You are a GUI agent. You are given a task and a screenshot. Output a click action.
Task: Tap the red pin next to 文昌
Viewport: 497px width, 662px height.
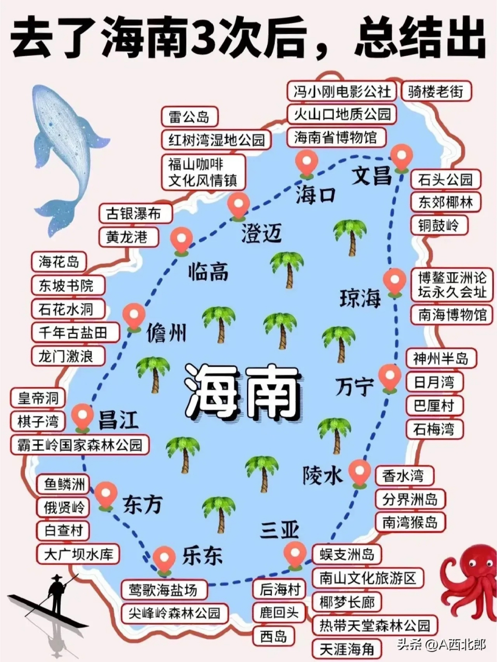[402, 157]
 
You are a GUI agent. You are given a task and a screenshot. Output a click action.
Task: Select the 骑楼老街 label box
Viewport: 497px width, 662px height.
[439, 92]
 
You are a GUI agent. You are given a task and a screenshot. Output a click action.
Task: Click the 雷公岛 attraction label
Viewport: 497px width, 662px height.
[189, 117]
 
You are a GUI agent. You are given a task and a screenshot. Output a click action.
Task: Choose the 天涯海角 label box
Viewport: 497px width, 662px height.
[347, 649]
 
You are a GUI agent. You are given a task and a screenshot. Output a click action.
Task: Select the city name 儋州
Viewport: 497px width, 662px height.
[166, 333]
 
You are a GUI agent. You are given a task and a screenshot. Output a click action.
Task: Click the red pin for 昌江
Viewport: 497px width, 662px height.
[82, 417]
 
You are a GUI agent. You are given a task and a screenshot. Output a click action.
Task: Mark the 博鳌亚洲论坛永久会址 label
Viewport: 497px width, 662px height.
[452, 284]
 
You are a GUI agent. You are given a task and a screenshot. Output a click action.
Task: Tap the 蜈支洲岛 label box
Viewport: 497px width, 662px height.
[347, 554]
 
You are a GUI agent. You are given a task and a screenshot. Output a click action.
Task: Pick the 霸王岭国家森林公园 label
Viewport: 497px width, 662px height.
[80, 444]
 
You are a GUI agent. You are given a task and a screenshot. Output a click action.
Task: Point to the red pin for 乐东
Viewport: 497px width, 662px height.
[165, 560]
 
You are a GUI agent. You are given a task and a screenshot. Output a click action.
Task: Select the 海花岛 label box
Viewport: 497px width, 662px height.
[59, 262]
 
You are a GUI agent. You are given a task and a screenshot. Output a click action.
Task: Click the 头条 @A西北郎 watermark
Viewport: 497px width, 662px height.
[441, 645]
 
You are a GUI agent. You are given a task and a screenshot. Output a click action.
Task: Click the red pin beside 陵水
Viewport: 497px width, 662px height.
[359, 472]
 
